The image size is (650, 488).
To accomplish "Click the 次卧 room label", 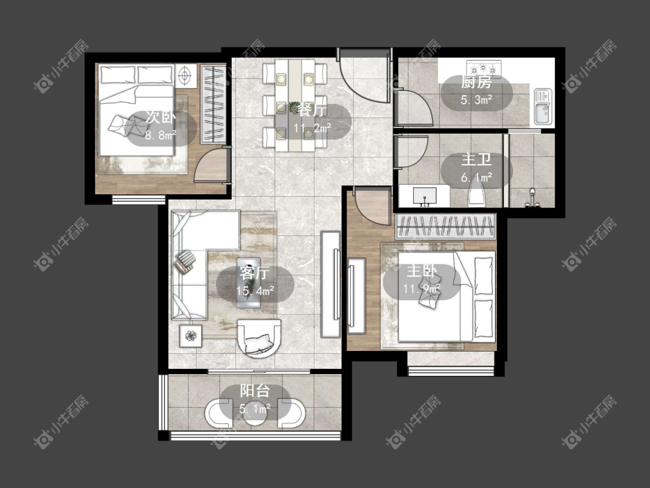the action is point(161,117).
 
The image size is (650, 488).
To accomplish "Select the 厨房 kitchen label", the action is point(476,82).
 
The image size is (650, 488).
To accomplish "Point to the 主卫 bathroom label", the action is point(476,160).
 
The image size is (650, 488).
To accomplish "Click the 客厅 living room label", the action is point(255,273).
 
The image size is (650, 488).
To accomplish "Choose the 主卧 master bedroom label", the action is point(421,271).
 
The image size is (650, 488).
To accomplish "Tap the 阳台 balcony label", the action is point(255,390).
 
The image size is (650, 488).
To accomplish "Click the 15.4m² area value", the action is point(255,290).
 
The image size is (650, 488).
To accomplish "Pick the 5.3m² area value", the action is point(476,99).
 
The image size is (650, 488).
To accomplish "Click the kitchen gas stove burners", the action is point(484,68).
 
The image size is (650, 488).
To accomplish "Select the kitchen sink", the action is point(543,106).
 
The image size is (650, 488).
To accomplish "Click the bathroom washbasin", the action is point(425,197).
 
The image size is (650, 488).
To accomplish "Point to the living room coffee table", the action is point(248,283).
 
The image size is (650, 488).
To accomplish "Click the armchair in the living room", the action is point(259,338).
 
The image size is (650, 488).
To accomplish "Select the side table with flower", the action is point(191,336).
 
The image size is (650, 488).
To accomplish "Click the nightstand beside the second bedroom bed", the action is point(185,76).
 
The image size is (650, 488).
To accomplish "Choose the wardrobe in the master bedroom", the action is point(445,227).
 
